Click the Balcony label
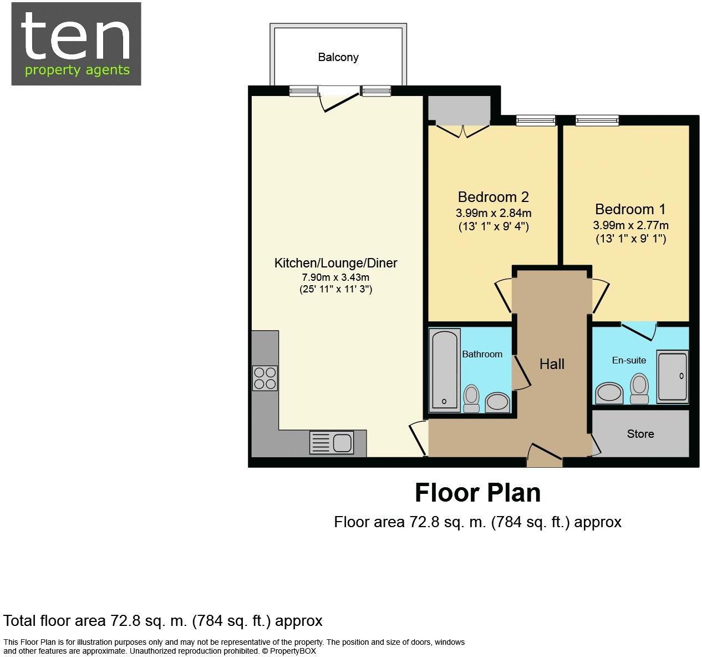pos(338,57)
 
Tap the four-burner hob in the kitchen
pos(265,378)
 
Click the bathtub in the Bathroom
pos(445,369)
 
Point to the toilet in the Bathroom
pos(471,398)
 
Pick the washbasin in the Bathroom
pos(497,403)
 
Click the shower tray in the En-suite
pos(672,376)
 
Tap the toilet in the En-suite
pos(639,388)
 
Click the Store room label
pos(640,434)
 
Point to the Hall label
pos(552,364)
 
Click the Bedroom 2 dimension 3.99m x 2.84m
pos(494,213)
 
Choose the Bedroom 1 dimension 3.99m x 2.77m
pos(630,225)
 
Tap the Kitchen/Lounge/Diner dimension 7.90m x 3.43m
pos(335,277)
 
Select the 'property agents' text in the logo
pos(77,70)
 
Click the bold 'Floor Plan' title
pos(477,493)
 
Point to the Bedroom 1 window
pos(597,120)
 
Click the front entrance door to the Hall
pos(545,456)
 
